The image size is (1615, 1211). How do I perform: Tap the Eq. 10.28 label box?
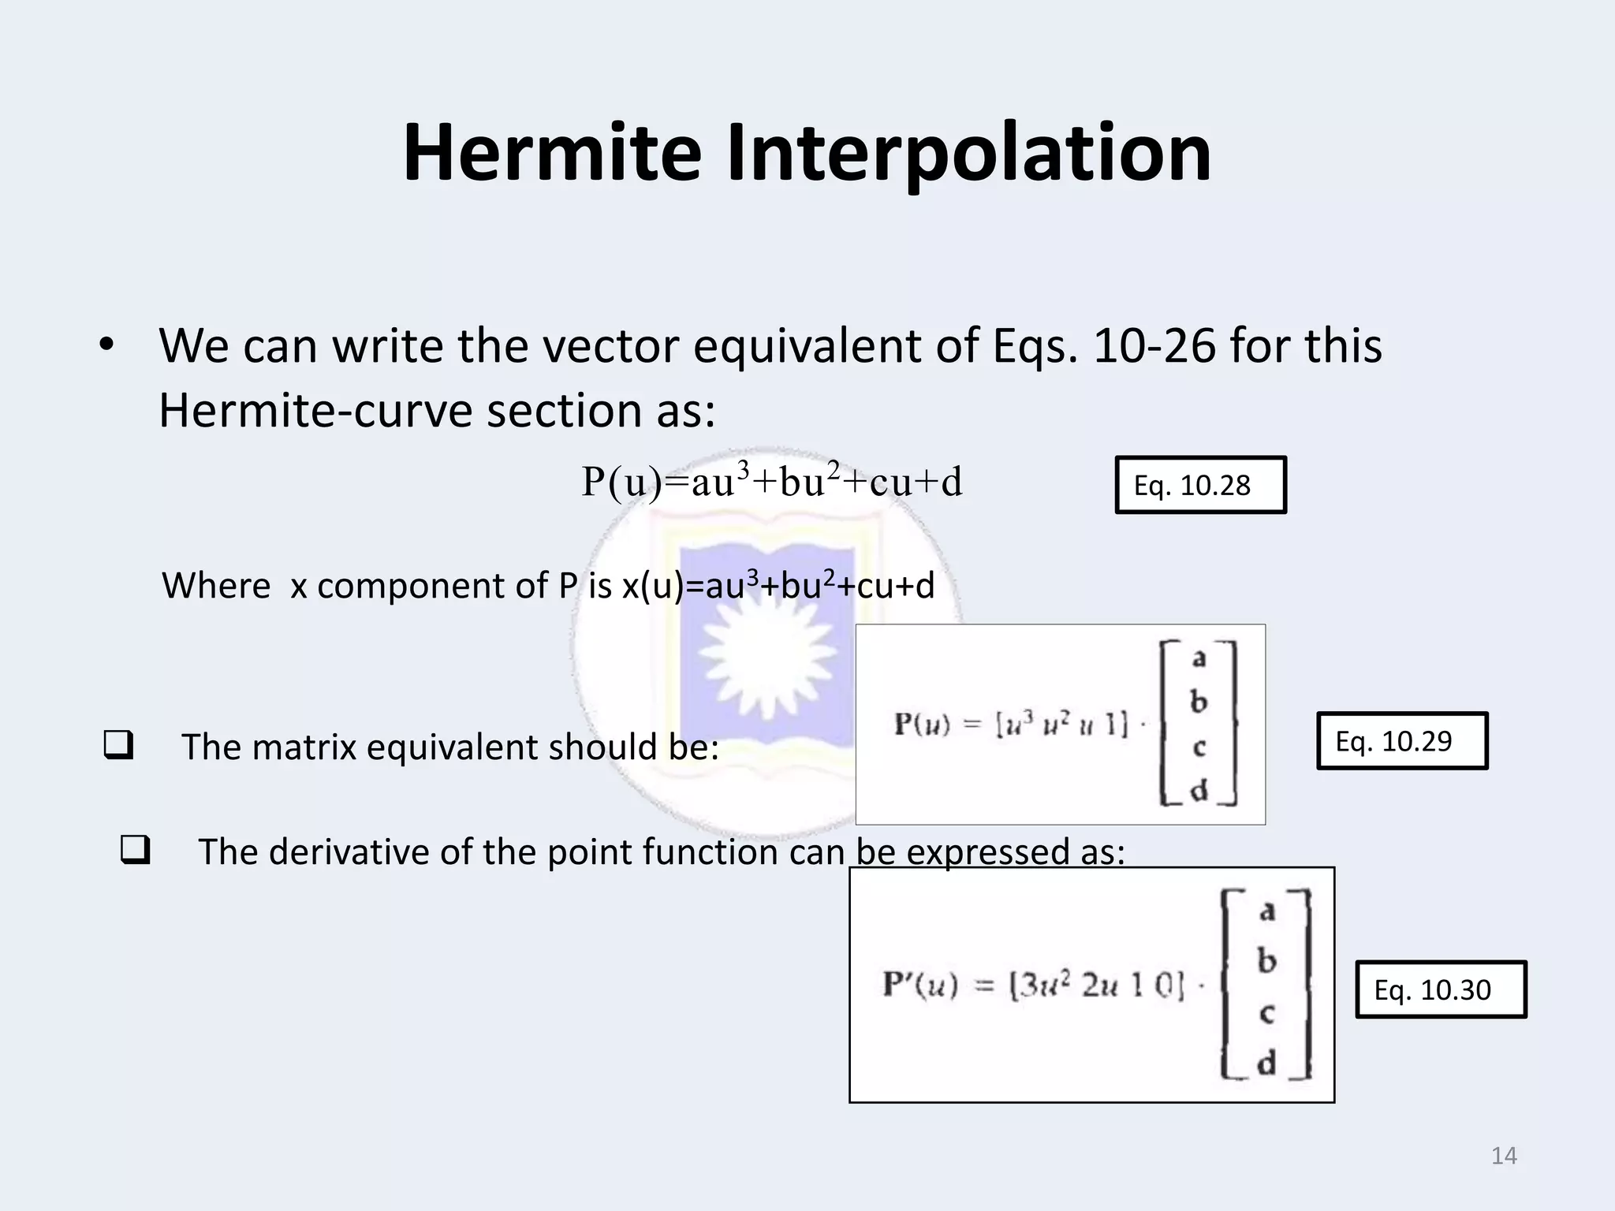pos(1200,485)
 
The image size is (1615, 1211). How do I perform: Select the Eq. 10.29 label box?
pos(1401,740)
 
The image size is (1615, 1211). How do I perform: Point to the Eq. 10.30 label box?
pos(1441,989)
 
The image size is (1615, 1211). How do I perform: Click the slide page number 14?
pos(1504,1156)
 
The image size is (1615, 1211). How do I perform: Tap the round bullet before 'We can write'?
pos(106,345)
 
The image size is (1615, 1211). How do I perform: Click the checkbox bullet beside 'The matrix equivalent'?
pos(117,745)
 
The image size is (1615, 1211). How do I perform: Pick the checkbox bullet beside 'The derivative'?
pos(135,851)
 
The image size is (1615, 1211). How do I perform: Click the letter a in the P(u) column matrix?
pos(1199,658)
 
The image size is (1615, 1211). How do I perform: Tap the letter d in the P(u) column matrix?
pos(1199,790)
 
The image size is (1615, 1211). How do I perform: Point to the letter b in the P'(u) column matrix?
pos(1266,961)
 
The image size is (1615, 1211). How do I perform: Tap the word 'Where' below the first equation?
pos(216,586)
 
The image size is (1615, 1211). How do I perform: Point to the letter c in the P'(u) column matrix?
pos(1266,1013)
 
